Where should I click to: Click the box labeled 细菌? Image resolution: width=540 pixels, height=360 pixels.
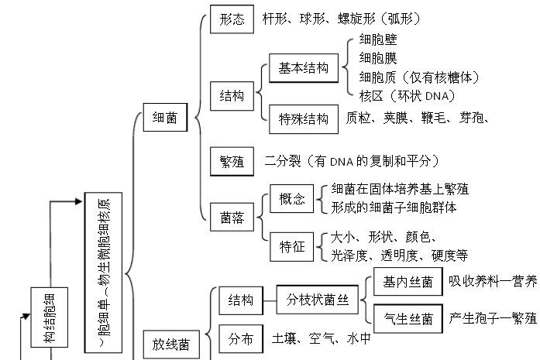pos(165,118)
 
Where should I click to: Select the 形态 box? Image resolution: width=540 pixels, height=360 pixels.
pos(232,19)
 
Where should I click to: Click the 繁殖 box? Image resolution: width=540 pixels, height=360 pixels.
pos(232,162)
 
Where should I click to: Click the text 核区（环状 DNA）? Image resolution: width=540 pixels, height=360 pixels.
pos(407,95)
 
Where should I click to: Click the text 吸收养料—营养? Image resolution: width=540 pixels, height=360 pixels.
pos(493,280)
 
